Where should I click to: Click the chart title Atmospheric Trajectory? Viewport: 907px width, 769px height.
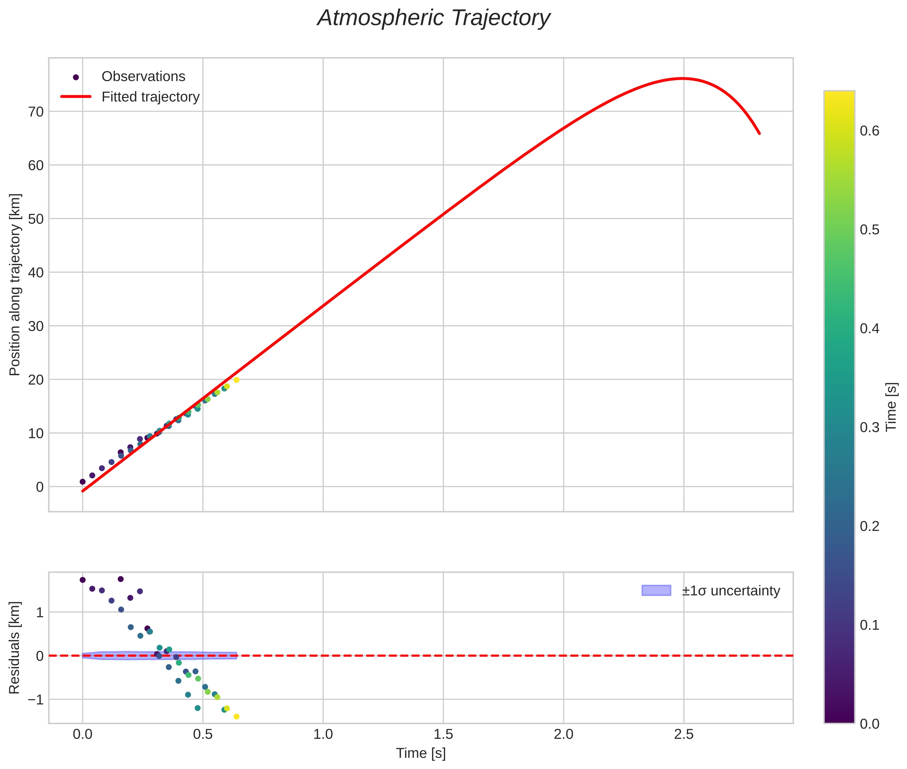[434, 18]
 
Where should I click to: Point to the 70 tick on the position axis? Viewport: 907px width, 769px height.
[36, 112]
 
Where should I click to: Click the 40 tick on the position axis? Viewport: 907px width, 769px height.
[36, 273]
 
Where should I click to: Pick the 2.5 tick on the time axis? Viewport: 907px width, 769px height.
[684, 734]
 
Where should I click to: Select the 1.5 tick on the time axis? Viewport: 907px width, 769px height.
[443, 734]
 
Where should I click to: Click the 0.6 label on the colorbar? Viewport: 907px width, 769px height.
[869, 131]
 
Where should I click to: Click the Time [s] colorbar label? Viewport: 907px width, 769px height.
[892, 407]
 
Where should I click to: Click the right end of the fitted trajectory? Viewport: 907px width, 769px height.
[759, 134]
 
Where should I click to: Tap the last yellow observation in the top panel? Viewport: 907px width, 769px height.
[237, 380]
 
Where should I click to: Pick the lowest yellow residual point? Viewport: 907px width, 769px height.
[237, 717]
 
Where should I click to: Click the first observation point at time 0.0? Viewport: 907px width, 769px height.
[82, 482]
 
